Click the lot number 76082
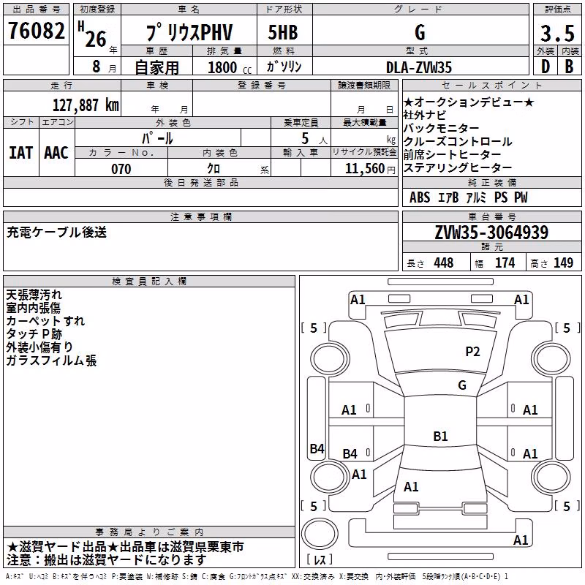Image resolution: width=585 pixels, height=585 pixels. point(36,30)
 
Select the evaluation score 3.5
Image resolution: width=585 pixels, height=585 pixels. point(557,33)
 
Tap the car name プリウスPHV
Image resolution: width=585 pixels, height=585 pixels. point(189,32)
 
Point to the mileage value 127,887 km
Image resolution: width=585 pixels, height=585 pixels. point(86,105)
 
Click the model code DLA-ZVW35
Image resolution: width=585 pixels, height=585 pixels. point(419,67)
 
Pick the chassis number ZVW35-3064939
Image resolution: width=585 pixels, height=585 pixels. point(491,233)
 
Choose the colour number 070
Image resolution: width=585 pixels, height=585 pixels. point(121,169)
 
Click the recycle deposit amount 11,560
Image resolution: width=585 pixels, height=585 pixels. point(365,169)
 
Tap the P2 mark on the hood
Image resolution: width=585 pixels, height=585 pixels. point(472,352)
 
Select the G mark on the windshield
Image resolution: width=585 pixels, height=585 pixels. point(462,385)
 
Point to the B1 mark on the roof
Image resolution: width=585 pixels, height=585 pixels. point(440,436)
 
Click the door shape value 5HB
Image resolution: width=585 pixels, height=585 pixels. point(283,32)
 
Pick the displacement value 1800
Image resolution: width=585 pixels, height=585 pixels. point(222,67)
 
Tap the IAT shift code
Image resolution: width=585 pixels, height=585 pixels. point(21,153)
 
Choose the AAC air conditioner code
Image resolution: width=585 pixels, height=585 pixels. point(56,153)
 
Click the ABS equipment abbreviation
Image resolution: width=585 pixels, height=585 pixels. point(420,197)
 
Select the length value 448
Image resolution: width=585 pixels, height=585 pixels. point(444,263)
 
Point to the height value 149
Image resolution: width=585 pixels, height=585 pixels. point(563,263)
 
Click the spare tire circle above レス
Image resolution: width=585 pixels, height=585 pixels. point(320,533)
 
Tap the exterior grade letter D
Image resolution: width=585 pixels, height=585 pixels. point(546,67)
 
